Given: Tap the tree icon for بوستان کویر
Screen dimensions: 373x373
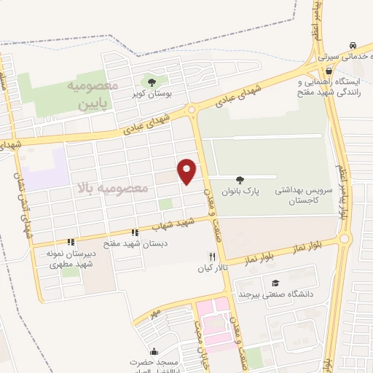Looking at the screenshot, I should click(152, 82).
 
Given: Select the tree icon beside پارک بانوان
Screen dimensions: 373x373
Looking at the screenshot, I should click(240, 178).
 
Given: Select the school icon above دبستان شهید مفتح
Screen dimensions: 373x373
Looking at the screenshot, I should click(135, 232).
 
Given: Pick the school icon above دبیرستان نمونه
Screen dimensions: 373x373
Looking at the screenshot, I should click(71, 242).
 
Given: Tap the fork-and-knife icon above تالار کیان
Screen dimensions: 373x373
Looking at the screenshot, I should click(212, 256).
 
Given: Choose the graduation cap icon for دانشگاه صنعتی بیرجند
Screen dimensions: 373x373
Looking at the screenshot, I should click(275, 283).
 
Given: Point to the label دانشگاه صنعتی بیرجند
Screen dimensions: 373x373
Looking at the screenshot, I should click(275, 294).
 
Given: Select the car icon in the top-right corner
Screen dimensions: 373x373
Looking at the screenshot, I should click(353, 44).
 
